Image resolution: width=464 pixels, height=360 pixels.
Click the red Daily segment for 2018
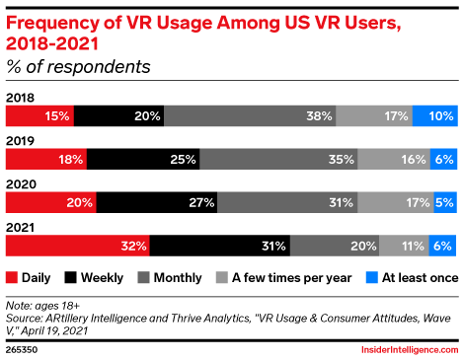point(39,115)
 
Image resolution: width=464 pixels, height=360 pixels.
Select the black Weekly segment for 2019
point(143,159)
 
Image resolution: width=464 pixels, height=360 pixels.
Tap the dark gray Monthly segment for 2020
point(287,202)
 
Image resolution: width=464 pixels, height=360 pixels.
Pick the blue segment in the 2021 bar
point(442,246)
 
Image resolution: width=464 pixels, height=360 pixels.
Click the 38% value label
point(319,116)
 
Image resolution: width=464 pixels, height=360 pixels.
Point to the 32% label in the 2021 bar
point(133,246)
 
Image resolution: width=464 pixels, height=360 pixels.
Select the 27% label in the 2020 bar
point(201,202)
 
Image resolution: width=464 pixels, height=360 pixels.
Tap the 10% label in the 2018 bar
point(441,116)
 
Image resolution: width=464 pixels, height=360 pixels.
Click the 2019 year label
point(20,141)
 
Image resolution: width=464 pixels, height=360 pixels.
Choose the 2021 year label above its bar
point(20,228)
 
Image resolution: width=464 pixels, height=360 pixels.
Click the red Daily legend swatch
point(12,277)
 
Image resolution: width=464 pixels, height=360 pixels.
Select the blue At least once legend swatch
point(372,277)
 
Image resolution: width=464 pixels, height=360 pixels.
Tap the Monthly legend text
point(178,278)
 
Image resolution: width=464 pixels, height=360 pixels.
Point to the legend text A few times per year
point(292,278)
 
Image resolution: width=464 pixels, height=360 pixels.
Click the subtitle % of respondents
point(78,67)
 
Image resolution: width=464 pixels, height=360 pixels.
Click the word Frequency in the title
point(52,24)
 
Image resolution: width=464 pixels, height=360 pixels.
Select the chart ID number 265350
point(22,349)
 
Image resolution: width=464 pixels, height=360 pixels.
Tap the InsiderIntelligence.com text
point(410,349)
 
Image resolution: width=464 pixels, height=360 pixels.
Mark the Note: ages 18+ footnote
point(42,306)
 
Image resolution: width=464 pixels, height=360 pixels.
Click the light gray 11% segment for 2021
point(404,246)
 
